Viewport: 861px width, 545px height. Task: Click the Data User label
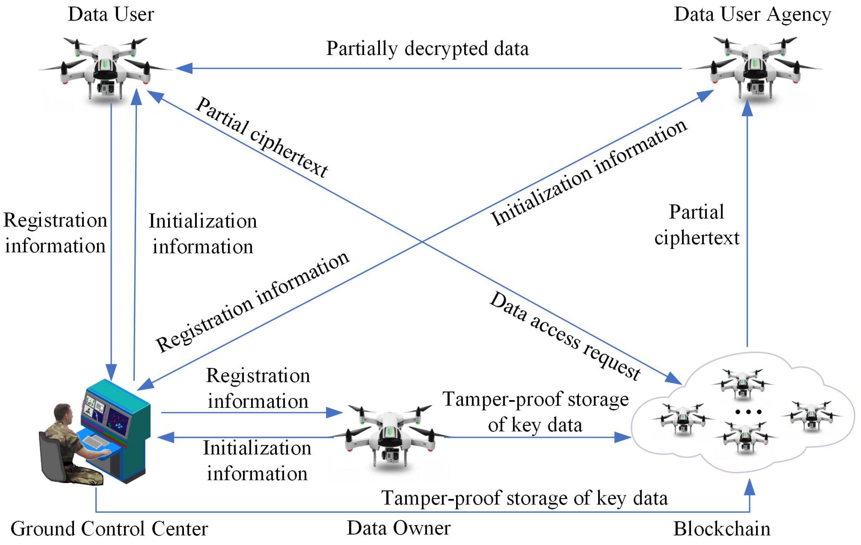(111, 15)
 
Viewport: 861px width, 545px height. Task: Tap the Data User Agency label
(752, 15)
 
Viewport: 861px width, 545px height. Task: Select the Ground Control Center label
(109, 529)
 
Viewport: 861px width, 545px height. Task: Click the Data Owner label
(399, 528)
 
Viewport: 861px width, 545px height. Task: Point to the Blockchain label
(722, 529)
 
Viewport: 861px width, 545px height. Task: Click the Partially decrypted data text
(427, 49)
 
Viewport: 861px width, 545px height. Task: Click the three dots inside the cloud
(748, 412)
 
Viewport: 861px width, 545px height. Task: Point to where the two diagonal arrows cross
(422, 242)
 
